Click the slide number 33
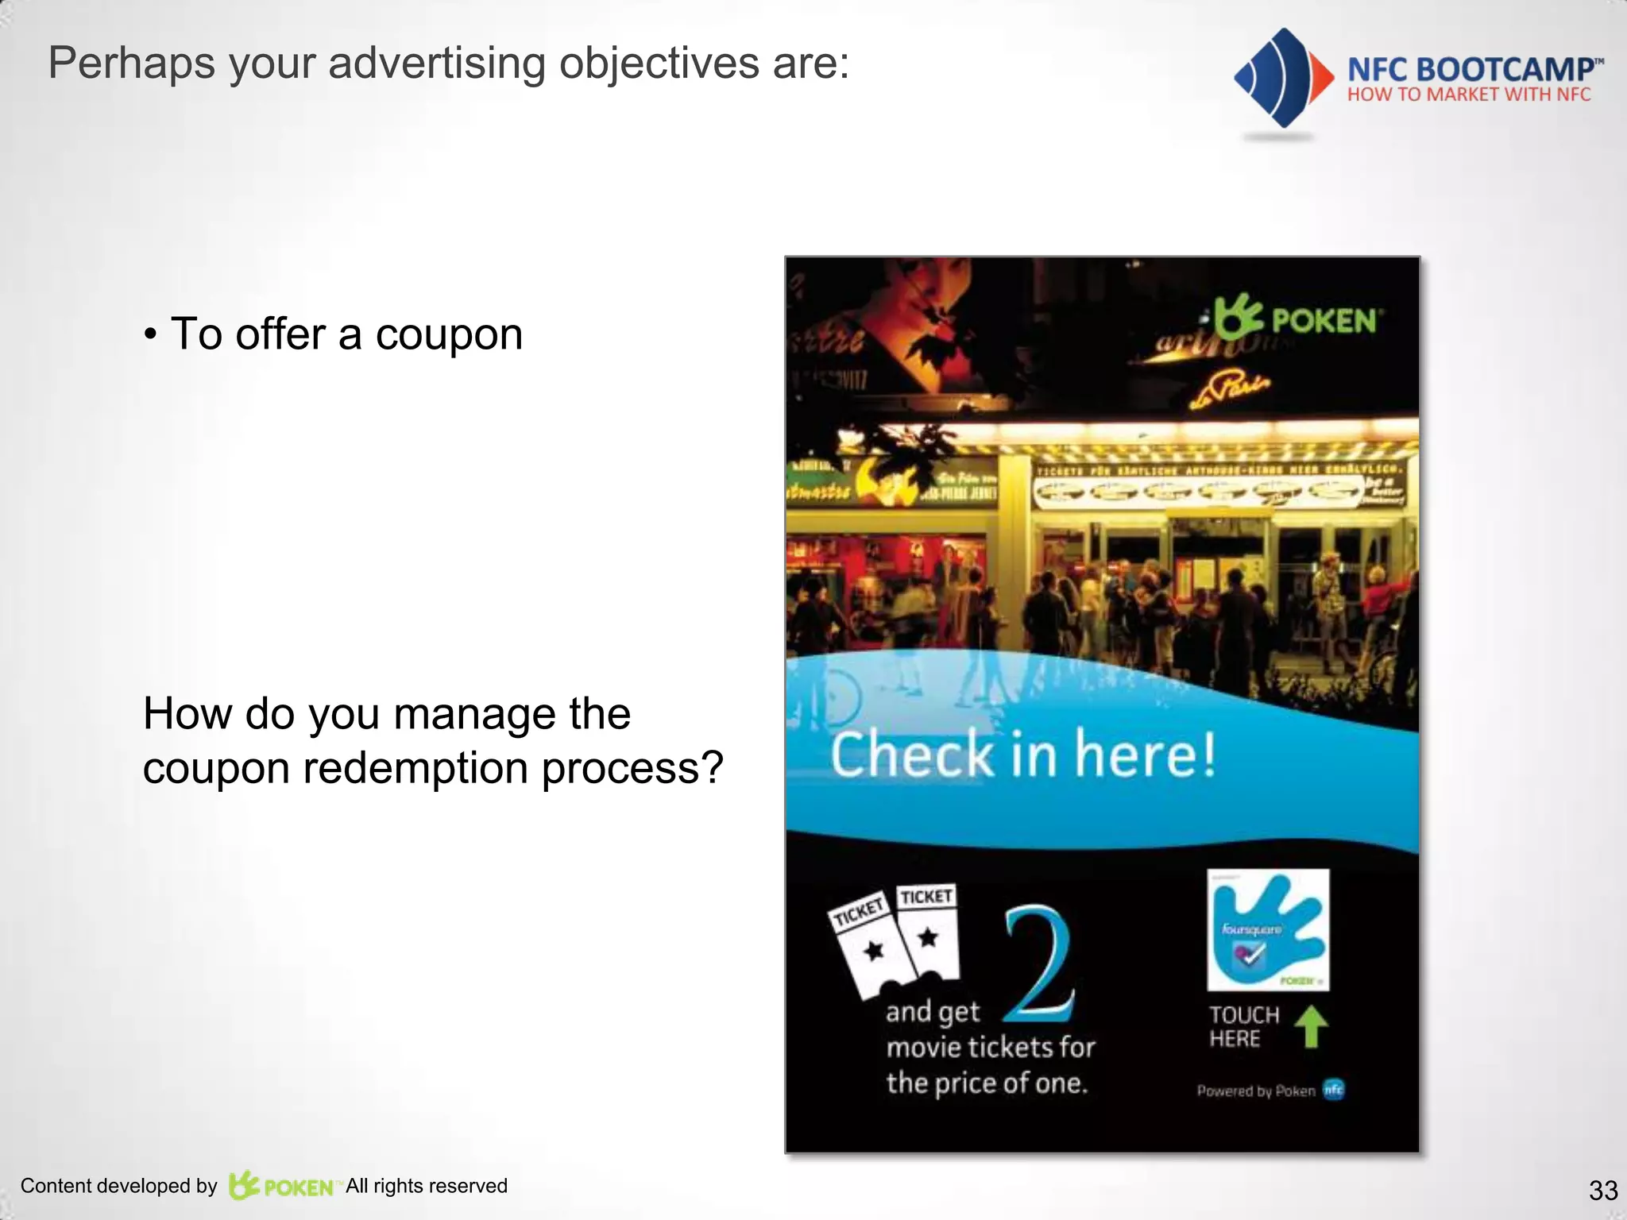click(1602, 1190)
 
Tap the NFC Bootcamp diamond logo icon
click(1281, 78)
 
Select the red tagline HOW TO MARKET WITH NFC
click(1469, 95)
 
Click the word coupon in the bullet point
click(449, 334)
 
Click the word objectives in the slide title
click(659, 63)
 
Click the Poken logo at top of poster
click(1298, 319)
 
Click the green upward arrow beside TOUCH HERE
click(1311, 1026)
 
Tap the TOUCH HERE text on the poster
click(1244, 1026)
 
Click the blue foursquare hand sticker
click(1268, 929)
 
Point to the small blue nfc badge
click(1334, 1090)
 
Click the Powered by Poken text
click(1256, 1091)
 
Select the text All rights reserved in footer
click(427, 1186)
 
